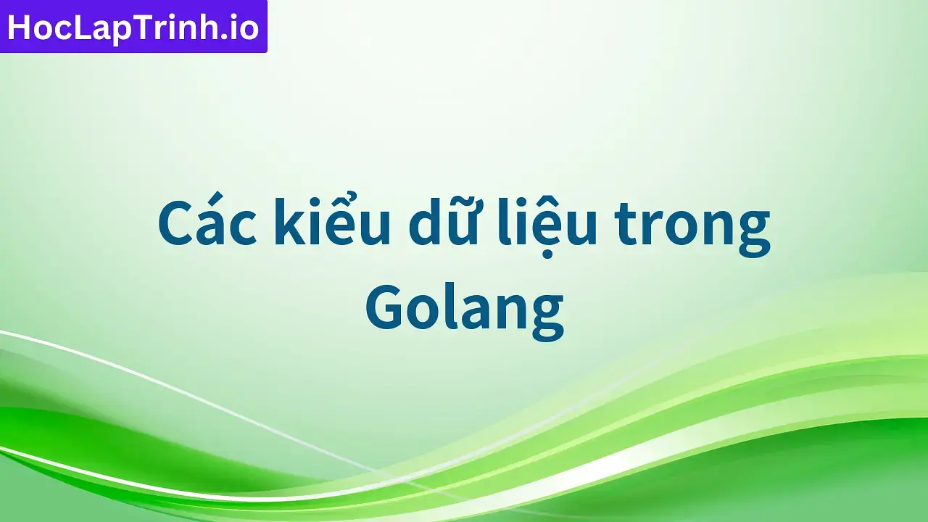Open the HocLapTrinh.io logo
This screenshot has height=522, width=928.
point(133,27)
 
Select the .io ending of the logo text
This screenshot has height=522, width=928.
point(238,28)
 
